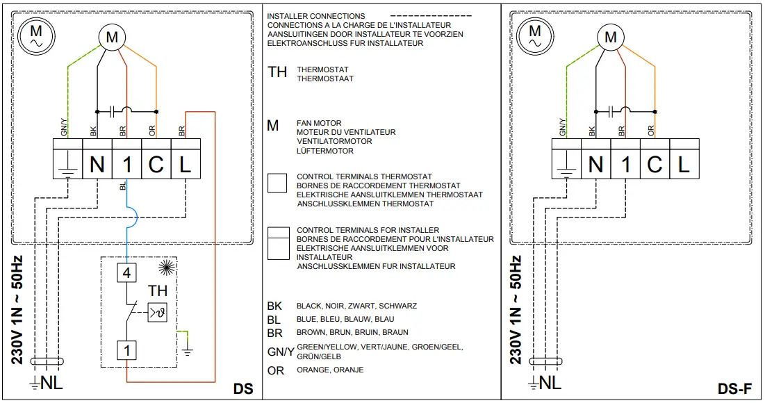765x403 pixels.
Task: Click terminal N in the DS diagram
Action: [x=97, y=164]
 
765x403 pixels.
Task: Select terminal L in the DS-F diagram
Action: [x=684, y=164]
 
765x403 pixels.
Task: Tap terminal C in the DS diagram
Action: [x=156, y=164]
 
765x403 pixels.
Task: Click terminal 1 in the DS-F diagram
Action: [x=625, y=164]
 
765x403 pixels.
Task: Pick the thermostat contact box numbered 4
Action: [x=127, y=273]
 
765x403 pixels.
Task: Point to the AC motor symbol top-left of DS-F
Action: [x=536, y=35]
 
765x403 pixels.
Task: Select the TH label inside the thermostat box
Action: [x=159, y=292]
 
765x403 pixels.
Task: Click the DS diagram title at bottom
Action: [x=242, y=390]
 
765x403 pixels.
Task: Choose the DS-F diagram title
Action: [x=735, y=390]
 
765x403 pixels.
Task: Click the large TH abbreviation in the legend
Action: [x=277, y=72]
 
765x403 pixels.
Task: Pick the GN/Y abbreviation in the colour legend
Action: [x=280, y=352]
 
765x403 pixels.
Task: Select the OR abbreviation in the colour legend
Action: [x=276, y=370]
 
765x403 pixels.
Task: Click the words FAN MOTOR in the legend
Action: [x=319, y=123]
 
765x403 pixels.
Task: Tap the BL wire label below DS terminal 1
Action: [x=123, y=187]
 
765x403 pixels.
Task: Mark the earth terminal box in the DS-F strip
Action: [x=566, y=164]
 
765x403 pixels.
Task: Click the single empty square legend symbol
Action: [x=278, y=183]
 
